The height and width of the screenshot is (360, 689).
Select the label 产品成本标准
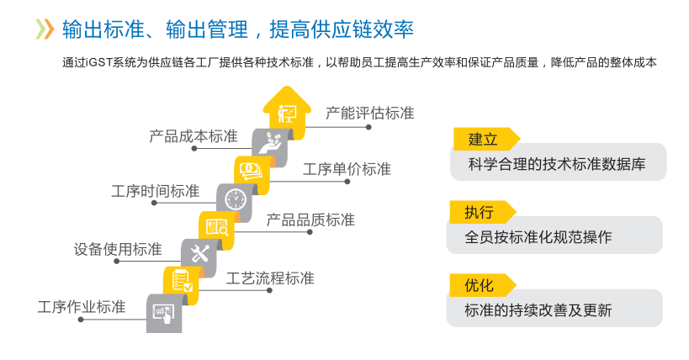click(x=193, y=135)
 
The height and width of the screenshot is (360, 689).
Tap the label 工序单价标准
click(x=347, y=168)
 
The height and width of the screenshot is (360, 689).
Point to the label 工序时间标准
click(x=156, y=191)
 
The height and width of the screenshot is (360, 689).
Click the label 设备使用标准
click(x=118, y=249)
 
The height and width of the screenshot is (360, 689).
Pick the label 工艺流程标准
click(x=270, y=278)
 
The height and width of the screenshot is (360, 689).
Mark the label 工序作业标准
click(x=82, y=307)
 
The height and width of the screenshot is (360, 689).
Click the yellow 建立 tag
click(x=484, y=139)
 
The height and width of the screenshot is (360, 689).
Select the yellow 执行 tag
click(x=480, y=211)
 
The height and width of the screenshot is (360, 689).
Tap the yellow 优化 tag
click(x=480, y=284)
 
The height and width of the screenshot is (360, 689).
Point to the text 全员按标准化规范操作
click(x=538, y=237)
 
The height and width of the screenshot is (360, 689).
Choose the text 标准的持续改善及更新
click(x=538, y=310)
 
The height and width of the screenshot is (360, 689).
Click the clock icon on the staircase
click(x=235, y=199)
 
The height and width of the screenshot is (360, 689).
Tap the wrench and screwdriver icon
click(x=199, y=253)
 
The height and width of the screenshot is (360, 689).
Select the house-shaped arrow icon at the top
click(x=288, y=112)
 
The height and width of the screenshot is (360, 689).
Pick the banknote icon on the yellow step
click(x=252, y=171)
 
